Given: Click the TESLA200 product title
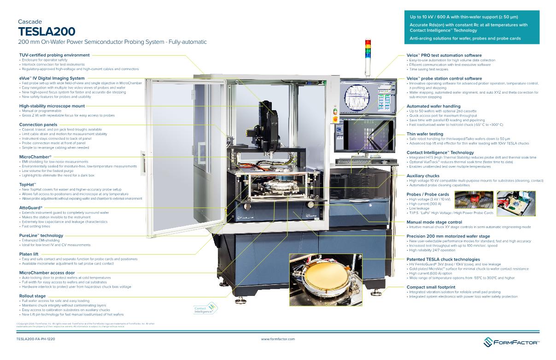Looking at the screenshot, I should [x=46, y=31].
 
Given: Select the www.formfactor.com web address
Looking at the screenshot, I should [x=278, y=339].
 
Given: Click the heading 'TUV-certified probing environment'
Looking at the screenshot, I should [x=54, y=55].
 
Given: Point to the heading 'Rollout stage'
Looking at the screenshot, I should [x=33, y=296].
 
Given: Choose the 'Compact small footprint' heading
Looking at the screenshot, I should [x=431, y=287].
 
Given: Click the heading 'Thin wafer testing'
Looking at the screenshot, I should [x=425, y=134].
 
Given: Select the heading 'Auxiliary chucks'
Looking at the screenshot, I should [x=423, y=176].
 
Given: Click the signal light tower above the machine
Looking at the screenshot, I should [x=367, y=51].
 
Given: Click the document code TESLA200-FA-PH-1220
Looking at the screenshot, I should [x=35, y=339].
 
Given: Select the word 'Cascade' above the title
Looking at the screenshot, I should [x=30, y=22].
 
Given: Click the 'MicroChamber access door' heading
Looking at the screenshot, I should [x=47, y=273].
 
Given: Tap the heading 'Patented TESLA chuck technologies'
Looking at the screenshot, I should [x=443, y=260].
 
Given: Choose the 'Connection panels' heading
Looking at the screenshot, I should [x=38, y=124].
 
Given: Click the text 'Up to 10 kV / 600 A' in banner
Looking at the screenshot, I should [x=438, y=17].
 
